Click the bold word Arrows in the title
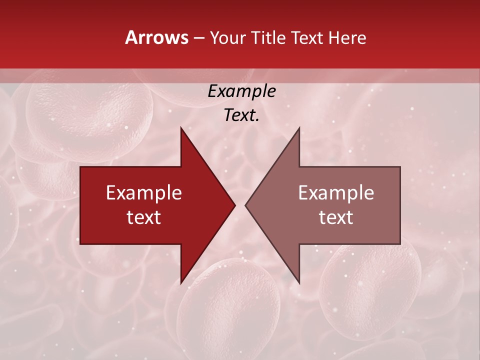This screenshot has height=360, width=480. tap(157, 37)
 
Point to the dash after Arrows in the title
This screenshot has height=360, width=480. tap(199, 38)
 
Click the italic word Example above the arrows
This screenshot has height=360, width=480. tap(241, 91)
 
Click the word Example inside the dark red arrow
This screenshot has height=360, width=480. tap(144, 193)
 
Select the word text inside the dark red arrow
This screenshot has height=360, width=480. tap(144, 217)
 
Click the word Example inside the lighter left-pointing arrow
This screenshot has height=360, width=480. tap(336, 193)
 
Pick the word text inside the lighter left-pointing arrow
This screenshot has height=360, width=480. tap(336, 217)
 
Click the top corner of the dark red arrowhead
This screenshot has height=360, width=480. tap(181, 128)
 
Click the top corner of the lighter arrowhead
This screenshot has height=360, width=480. tap(299, 128)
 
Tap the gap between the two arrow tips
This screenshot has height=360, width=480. tap(240, 205)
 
